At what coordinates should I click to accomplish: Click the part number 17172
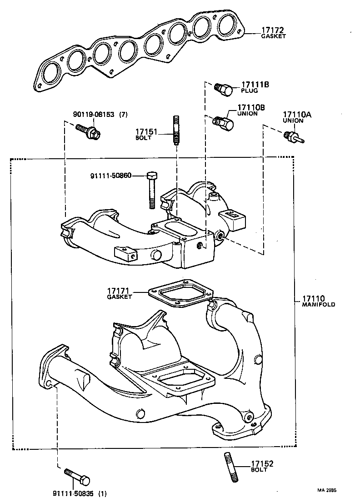272,30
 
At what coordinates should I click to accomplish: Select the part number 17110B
250,108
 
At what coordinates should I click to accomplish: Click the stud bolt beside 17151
176,131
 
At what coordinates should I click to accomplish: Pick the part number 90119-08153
94,115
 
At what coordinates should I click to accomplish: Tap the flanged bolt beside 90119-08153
91,132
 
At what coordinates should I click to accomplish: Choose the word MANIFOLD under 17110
319,305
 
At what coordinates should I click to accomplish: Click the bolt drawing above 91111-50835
77,477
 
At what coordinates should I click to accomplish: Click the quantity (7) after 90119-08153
123,115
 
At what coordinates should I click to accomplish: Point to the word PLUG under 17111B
249,91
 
